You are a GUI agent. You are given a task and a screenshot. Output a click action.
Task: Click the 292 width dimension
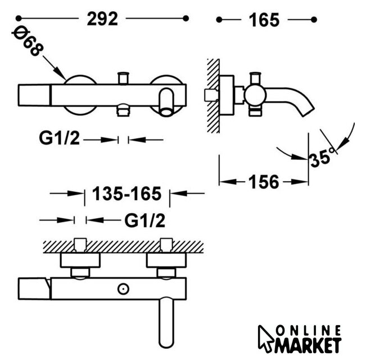102,19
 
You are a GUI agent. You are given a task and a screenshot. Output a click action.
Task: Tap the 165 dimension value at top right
264,20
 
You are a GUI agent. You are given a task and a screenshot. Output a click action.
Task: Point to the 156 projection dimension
264,182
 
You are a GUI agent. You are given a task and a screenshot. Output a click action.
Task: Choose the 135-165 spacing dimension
126,193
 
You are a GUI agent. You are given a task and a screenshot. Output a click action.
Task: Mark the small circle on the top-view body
123,289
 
